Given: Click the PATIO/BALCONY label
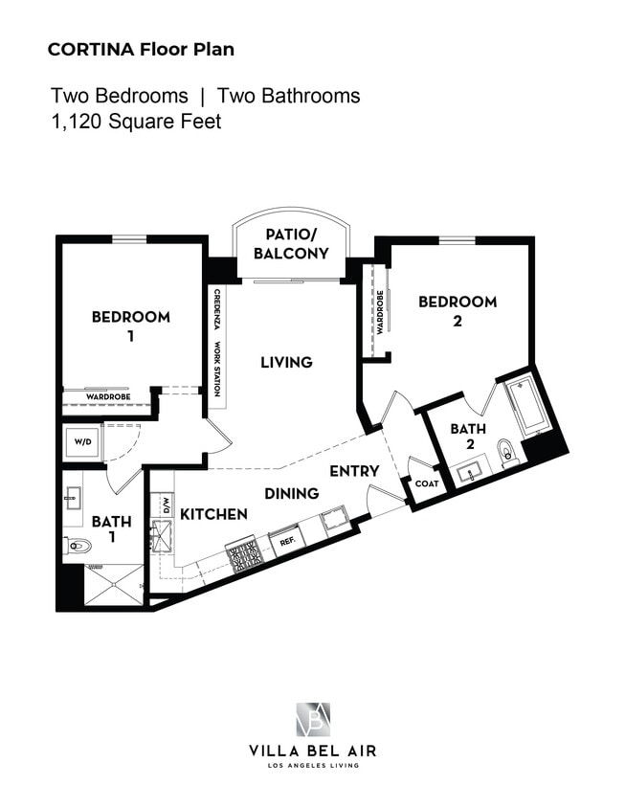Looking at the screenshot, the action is [291, 244].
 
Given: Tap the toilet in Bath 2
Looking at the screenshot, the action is [508, 452].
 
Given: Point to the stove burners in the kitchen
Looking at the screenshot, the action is [244, 555].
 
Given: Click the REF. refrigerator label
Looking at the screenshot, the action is [286, 542].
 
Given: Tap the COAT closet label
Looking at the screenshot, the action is [427, 483].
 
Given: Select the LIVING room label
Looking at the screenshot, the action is [286, 362].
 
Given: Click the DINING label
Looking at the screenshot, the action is [292, 494].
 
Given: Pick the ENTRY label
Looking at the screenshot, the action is [354, 471].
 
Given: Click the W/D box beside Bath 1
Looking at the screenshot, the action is [81, 442].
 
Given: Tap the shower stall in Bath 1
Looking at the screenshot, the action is [114, 585].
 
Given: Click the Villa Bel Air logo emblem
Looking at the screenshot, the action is [313, 719].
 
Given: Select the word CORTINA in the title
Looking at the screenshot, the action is [91, 50].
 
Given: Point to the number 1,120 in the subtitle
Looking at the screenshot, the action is [78, 122].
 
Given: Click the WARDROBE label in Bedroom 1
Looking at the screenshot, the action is [108, 397].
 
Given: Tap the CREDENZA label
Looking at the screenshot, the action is [217, 309].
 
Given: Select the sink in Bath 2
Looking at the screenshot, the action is [470, 472].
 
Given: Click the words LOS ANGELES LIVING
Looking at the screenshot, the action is [313, 766].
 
